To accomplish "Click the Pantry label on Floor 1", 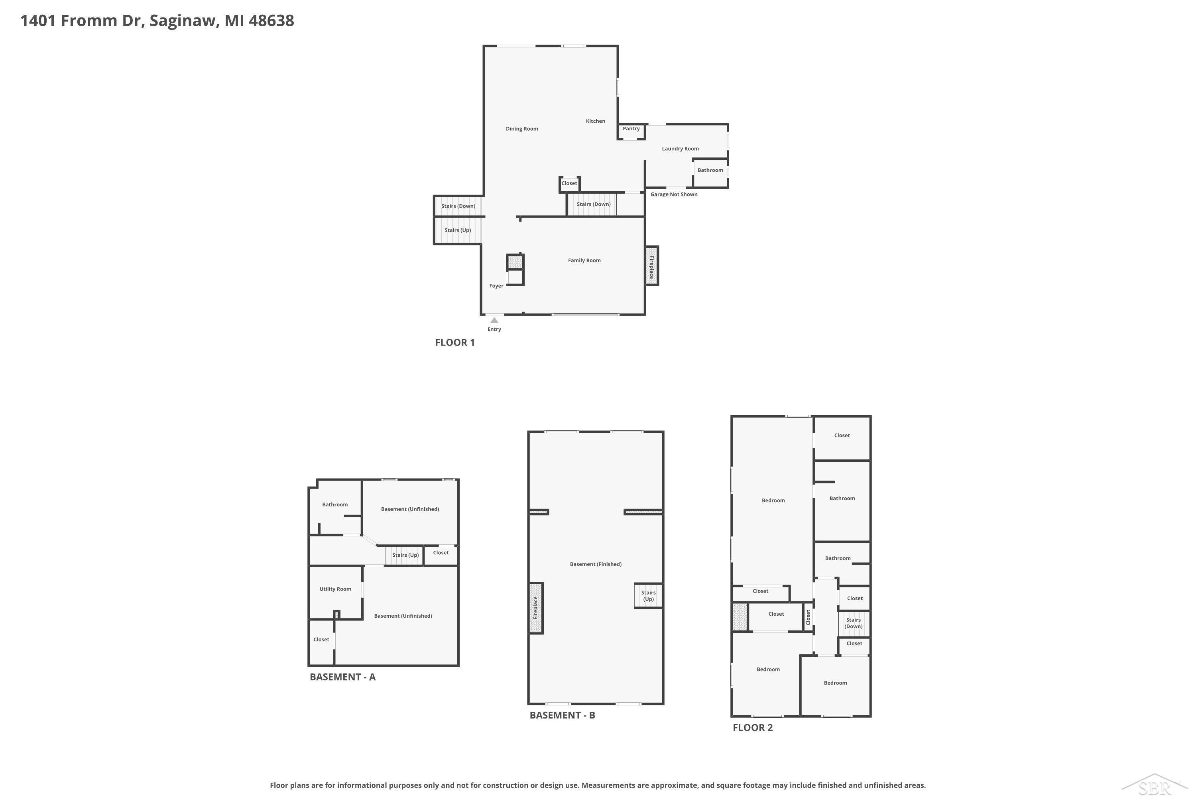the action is click(x=631, y=129).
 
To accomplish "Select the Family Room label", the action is click(x=584, y=260).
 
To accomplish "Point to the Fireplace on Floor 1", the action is click(x=652, y=266).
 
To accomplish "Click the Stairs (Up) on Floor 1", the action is click(x=458, y=230).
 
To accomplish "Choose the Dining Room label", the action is click(x=522, y=129).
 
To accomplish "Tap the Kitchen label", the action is click(x=596, y=121).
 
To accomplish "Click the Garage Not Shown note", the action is click(x=674, y=194).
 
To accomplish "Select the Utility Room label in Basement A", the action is click(x=335, y=589).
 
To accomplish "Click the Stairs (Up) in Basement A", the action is click(x=405, y=555).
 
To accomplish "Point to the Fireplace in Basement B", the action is click(x=536, y=608).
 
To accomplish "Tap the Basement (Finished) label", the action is click(x=596, y=564).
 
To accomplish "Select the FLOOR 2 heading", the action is click(x=753, y=727).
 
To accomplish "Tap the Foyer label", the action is click(x=496, y=286).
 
